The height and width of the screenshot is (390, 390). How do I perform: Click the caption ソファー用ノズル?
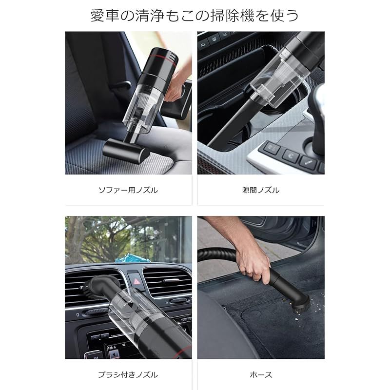pyautogui.click(x=128, y=190)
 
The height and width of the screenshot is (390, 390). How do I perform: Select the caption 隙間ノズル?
pyautogui.click(x=261, y=190)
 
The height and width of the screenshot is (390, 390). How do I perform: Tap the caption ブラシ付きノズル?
pyautogui.click(x=128, y=374)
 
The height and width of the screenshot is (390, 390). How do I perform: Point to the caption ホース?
pyautogui.click(x=261, y=374)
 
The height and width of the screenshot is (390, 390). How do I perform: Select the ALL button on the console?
pyautogui.click(x=204, y=43)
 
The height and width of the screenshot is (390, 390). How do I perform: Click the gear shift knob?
pyautogui.click(x=317, y=100)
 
